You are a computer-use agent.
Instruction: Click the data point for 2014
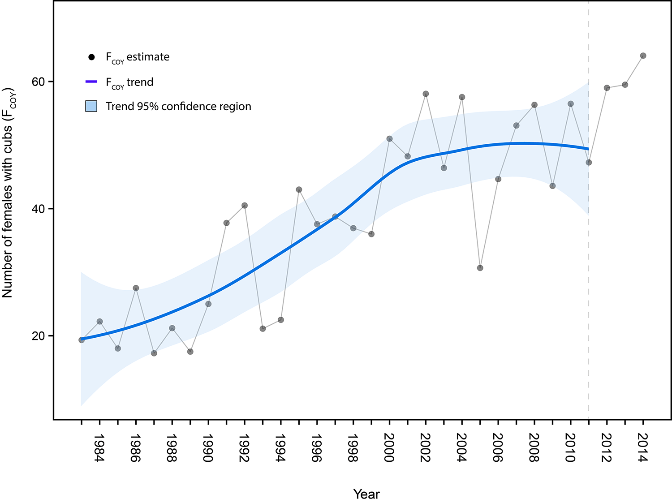point(643,56)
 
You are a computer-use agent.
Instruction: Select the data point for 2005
point(480,268)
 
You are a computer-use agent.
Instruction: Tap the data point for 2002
point(426,94)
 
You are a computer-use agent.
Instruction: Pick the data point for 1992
point(245,206)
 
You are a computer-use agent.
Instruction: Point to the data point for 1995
point(299,189)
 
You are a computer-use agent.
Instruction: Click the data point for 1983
point(82,340)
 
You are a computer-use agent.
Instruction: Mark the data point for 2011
point(589,162)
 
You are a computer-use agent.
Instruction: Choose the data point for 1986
point(136,288)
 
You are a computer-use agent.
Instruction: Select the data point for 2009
point(552,186)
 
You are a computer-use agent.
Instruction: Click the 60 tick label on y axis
point(38,82)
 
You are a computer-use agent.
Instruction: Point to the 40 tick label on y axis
point(38,209)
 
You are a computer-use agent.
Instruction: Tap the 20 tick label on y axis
point(38,336)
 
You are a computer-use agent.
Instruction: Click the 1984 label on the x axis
point(99,447)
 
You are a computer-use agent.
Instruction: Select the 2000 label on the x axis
point(389,447)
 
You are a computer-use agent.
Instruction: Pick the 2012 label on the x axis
point(607,447)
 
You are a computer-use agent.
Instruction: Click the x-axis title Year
point(366,494)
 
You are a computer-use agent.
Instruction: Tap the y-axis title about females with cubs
point(8,193)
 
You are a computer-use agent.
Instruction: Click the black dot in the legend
point(91,57)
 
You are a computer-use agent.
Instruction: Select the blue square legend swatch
point(91,106)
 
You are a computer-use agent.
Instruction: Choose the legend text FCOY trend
point(129,82)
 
